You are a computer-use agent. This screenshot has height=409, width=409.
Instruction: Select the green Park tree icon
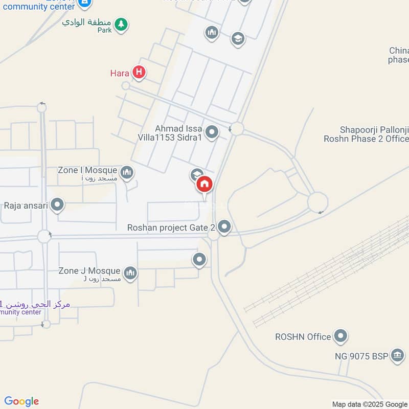pyautogui.click(x=121, y=24)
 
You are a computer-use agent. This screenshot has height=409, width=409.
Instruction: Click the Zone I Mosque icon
pyautogui.click(x=128, y=173)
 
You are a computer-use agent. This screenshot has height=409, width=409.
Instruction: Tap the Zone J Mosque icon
pyautogui.click(x=130, y=274)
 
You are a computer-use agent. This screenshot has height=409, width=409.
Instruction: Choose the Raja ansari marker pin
pyautogui.click(x=57, y=206)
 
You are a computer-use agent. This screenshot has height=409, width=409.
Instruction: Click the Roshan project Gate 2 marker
pyautogui.click(x=224, y=226)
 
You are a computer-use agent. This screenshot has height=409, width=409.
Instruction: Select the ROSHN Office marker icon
pyautogui.click(x=340, y=336)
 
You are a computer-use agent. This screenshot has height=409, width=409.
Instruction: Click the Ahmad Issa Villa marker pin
pyautogui.click(x=212, y=133)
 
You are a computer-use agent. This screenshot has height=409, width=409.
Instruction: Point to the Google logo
pyautogui.click(x=21, y=401)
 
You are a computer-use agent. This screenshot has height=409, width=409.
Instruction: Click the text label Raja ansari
pyautogui.click(x=26, y=206)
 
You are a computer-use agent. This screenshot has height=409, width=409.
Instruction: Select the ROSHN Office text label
pyautogui.click(x=303, y=337)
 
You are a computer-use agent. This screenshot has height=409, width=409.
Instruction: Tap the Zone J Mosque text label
pyautogui.click(x=89, y=271)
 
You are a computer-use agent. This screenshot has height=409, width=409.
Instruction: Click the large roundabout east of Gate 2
pyautogui.click(x=317, y=202)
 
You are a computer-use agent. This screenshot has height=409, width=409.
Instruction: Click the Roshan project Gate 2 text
pyautogui.click(x=171, y=227)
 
